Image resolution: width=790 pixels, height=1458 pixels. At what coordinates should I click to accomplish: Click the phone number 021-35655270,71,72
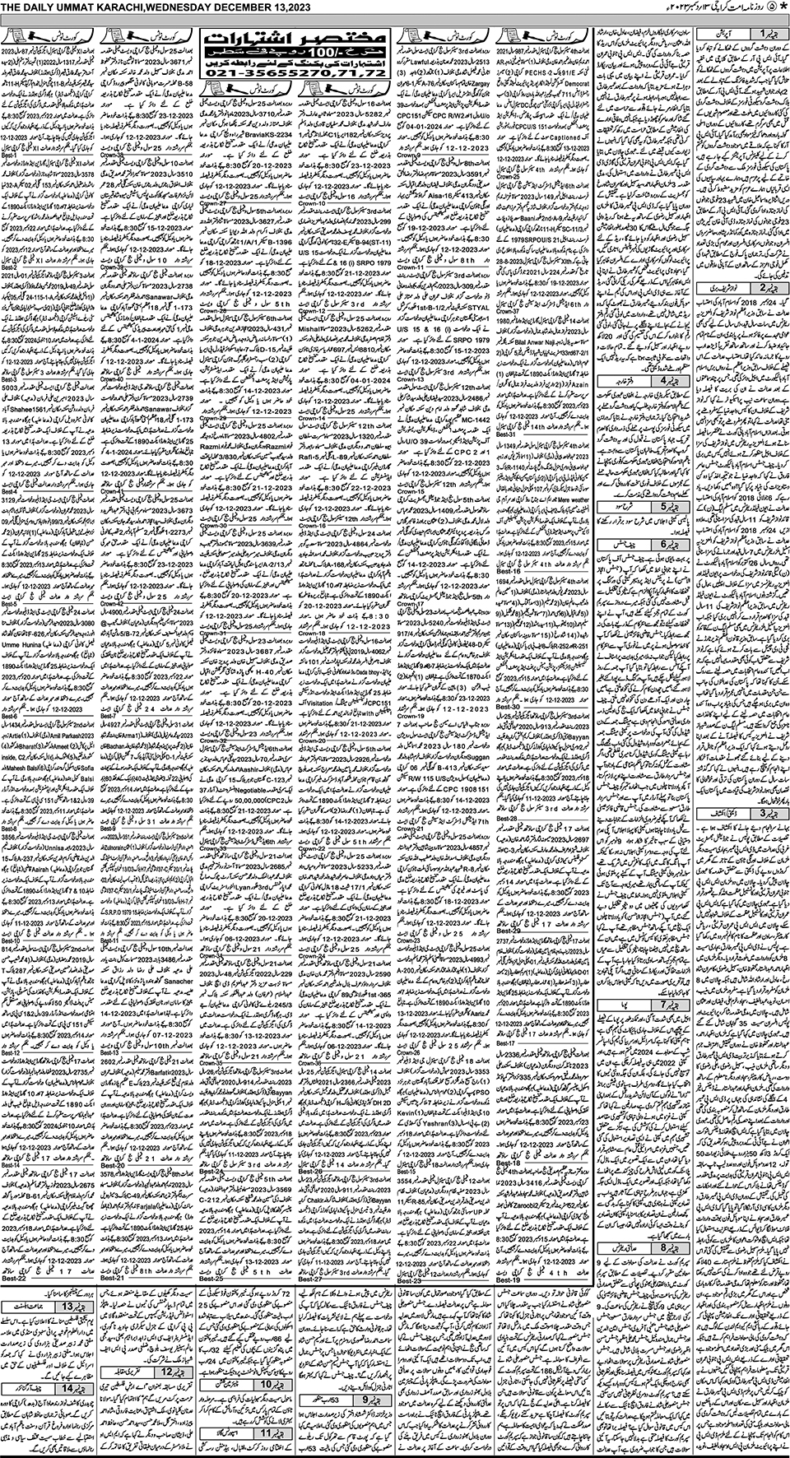coord(294,73)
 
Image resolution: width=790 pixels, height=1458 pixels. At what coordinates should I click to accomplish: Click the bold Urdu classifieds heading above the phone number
coord(294,39)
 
